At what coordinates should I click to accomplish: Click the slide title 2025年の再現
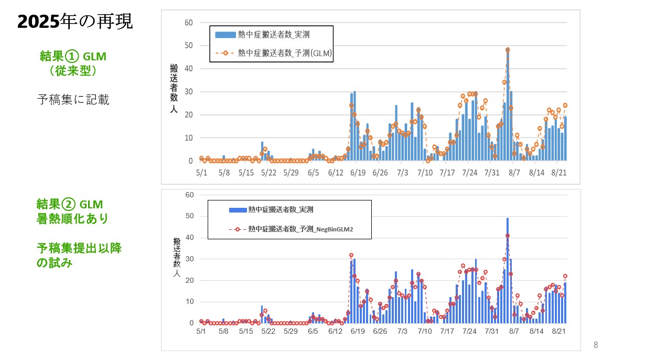tap(75, 22)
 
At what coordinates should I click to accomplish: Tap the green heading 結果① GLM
tap(77, 56)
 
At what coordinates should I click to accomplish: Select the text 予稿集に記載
tap(73, 100)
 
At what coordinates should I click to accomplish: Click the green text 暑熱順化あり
tap(73, 218)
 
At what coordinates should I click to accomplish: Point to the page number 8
tap(595, 345)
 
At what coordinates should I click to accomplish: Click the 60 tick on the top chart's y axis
tap(189, 23)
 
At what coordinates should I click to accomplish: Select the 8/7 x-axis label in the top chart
tap(514, 172)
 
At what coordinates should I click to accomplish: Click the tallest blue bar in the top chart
tap(508, 105)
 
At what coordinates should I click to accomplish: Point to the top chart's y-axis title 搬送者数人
tap(174, 89)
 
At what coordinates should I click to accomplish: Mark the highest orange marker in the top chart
tap(508, 50)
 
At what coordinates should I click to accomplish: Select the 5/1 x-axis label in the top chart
tap(201, 172)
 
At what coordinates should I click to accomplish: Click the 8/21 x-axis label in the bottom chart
tap(560, 332)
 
